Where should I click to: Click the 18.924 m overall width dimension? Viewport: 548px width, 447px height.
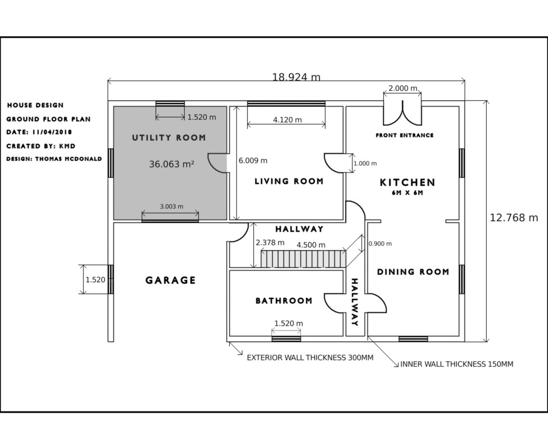point(296,77)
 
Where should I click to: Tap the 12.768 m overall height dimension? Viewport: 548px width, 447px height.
point(514,218)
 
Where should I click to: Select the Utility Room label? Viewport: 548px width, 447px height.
point(169,137)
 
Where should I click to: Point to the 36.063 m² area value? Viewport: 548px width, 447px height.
point(171,164)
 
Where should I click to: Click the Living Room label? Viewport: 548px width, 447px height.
point(289,181)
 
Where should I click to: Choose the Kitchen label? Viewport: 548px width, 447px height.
point(407,182)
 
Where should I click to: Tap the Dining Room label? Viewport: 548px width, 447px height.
point(413,272)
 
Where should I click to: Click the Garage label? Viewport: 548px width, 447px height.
point(171,280)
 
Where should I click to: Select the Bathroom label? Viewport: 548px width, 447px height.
point(284,301)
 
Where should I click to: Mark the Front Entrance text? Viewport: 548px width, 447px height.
point(405,135)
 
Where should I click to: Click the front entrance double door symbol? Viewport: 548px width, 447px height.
point(402,110)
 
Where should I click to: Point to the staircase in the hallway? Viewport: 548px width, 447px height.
point(303,259)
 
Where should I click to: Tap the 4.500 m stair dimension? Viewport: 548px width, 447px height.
point(311,245)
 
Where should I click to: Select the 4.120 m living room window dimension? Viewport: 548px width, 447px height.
point(287,120)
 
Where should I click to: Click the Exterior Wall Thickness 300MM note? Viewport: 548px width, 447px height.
point(310,357)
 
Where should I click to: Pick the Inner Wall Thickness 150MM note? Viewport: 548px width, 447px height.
point(456,364)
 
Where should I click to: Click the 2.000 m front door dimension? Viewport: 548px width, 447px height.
point(403,88)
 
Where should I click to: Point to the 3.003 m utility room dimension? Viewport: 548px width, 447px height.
point(171,207)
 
